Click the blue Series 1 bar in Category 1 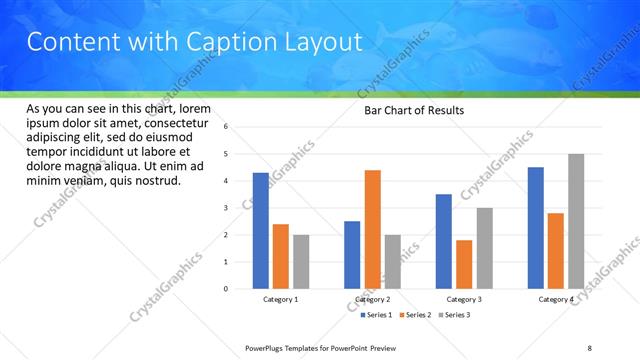click(x=260, y=231)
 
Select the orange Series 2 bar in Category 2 click(x=372, y=229)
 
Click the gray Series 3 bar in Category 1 click(x=301, y=262)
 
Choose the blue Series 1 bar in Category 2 click(x=352, y=255)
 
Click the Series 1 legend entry click(x=376, y=315)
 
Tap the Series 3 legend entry click(x=456, y=315)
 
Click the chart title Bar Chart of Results click(x=413, y=110)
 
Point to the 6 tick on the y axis click(x=227, y=127)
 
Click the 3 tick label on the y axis click(x=227, y=208)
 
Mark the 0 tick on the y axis click(x=227, y=289)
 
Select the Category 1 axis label click(x=281, y=299)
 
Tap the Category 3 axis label click(x=464, y=299)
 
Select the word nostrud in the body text click(x=157, y=181)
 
